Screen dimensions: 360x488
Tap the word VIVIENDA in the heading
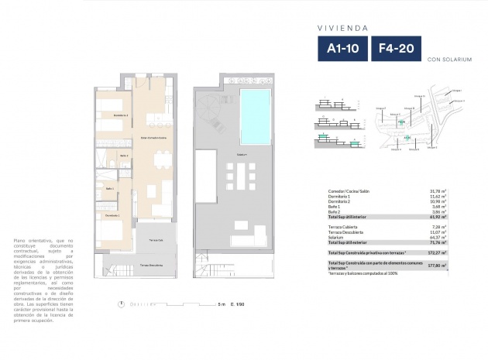click(x=342, y=27)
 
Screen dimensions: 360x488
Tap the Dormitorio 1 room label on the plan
click(x=113, y=214)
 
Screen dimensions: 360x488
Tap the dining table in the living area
click(x=163, y=160)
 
